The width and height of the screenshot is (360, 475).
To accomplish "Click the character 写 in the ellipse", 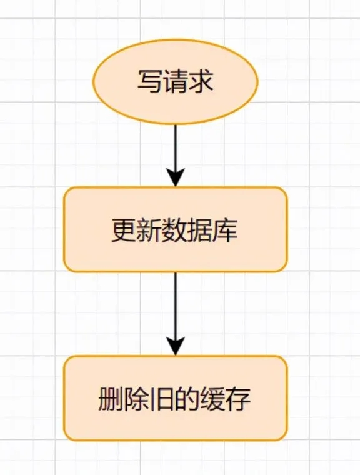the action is pos(150,81).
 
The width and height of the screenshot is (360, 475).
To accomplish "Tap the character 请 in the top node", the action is pos(176,81).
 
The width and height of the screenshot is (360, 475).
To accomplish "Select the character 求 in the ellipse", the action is pos(201,81).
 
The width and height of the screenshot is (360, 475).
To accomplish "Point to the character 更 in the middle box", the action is pos(124,230).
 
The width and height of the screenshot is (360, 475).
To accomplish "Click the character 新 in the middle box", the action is pos(149,230).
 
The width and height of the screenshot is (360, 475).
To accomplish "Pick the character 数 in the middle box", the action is pos(175,230).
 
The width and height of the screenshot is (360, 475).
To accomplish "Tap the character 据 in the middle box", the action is pos(200,230).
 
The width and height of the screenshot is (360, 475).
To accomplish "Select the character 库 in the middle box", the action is pos(226,230).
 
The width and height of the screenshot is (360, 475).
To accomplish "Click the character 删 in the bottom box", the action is pos(111,399).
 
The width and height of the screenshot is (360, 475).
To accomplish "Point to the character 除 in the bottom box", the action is pos(137,399).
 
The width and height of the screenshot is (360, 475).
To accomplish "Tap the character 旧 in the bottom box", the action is pos(162,399).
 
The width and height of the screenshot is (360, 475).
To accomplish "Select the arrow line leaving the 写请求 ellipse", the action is pos(176,156).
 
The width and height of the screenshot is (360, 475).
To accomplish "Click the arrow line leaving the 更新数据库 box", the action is pos(176,314).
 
